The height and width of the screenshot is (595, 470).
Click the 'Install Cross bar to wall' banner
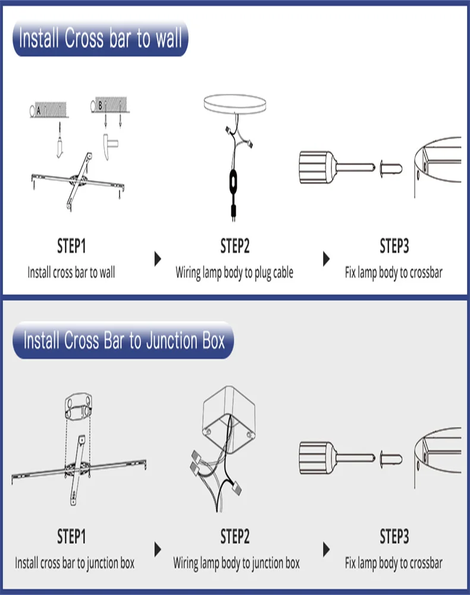pos(101,38)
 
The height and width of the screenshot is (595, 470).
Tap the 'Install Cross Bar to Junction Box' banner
pos(123,340)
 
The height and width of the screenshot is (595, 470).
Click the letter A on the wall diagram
pos(38,111)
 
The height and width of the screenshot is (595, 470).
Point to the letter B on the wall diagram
pos(100,105)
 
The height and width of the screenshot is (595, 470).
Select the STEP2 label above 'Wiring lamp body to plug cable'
pos(235,246)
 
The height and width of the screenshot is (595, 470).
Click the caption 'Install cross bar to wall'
pos(71,273)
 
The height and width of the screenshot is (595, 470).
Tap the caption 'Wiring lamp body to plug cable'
pos(234,273)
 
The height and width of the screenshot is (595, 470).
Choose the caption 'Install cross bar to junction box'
pos(75,563)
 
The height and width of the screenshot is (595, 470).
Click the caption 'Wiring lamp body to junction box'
pos(236,563)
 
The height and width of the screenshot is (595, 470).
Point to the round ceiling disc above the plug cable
pos(235,104)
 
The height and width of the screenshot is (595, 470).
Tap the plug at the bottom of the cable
pos(233,212)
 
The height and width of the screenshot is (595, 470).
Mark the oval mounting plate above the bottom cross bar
pos(79,406)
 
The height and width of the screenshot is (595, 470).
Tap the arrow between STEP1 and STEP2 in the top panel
pos(158,259)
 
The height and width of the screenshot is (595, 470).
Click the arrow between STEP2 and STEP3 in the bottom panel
pos(326,549)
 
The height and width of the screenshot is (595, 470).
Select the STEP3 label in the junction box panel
pos(394,537)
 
